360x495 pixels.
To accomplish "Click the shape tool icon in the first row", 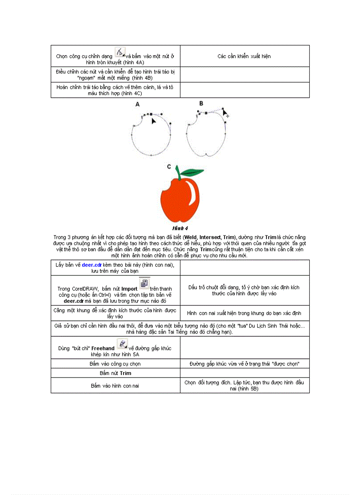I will pyautogui.click(x=120, y=52).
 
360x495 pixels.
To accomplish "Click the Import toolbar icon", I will pyautogui.click(x=144, y=283).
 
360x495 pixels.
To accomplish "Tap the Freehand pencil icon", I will pyautogui.click(x=123, y=344).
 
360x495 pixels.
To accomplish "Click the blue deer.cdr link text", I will pyautogui.click(x=92, y=264).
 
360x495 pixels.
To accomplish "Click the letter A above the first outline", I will pyautogui.click(x=137, y=105).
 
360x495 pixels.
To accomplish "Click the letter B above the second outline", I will pyautogui.click(x=201, y=103).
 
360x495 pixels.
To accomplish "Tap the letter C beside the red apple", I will pyautogui.click(x=169, y=167).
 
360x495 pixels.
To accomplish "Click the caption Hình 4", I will pyautogui.click(x=180, y=228).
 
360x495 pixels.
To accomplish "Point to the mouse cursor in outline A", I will pyautogui.click(x=154, y=120).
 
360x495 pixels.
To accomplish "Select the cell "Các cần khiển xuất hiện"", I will pyautogui.click(x=244, y=56).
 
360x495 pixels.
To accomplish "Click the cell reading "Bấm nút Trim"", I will pyautogui.click(x=115, y=373).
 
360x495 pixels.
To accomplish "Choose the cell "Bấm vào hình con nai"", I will pyautogui.click(x=115, y=385).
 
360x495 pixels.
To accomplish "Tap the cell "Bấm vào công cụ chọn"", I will pyautogui.click(x=115, y=364).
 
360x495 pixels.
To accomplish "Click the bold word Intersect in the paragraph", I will pyautogui.click(x=210, y=237).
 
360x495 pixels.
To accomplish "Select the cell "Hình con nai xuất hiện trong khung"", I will pyautogui.click(x=244, y=313).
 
